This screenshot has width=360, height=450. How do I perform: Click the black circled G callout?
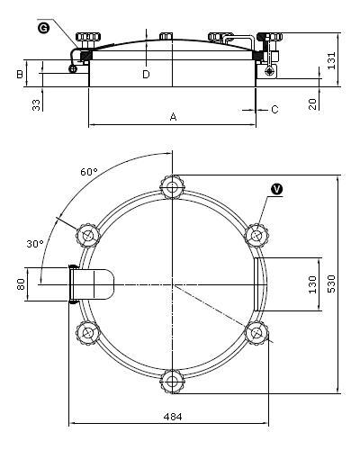pos(44,28)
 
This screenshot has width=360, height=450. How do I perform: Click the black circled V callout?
pos(276,189)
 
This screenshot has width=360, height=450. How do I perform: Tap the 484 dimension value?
pos(173,417)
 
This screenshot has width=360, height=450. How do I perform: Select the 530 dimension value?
pos(331,283)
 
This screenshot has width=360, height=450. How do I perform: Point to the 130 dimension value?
pos(312,284)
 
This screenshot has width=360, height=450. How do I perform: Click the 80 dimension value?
pos(21,284)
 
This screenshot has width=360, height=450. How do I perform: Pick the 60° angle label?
pos(89,172)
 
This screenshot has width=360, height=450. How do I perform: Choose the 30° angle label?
pos(35,244)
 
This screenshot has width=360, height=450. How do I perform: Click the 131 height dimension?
pos(331,60)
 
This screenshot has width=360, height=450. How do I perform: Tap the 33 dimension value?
pos(36,105)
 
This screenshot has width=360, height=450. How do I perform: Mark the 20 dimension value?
pos(312,104)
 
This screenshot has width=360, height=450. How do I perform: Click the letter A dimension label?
pos(173,117)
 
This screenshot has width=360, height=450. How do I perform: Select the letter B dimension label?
pos(20,74)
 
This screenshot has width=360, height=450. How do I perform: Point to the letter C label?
pos(274,110)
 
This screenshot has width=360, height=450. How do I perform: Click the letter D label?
pos(146,74)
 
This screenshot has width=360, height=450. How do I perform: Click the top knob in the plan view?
pos(172,187)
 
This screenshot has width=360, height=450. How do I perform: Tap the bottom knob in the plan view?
pos(172,382)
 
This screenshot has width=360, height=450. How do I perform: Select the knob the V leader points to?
pos(256,235)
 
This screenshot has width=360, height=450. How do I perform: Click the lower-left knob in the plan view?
pos(87,333)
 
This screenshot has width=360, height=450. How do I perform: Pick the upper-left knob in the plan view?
pos(87,235)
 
